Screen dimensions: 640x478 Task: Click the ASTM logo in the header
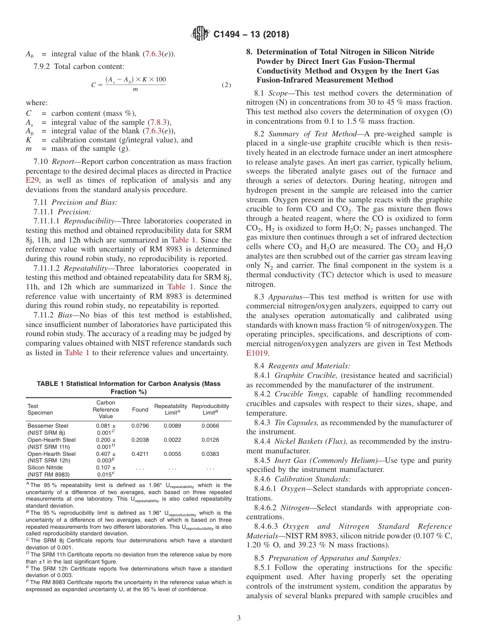point(200,34)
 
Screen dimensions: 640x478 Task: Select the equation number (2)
point(226,85)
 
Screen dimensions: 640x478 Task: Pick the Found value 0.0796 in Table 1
point(140,426)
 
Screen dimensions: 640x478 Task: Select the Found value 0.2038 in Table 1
point(140,440)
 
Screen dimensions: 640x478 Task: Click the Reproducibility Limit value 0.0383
point(210,454)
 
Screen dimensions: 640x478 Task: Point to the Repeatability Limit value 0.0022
point(171,440)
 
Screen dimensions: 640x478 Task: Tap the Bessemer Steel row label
point(48,426)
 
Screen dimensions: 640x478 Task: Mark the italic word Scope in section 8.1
point(279,93)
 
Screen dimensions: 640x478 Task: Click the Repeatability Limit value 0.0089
point(171,426)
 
